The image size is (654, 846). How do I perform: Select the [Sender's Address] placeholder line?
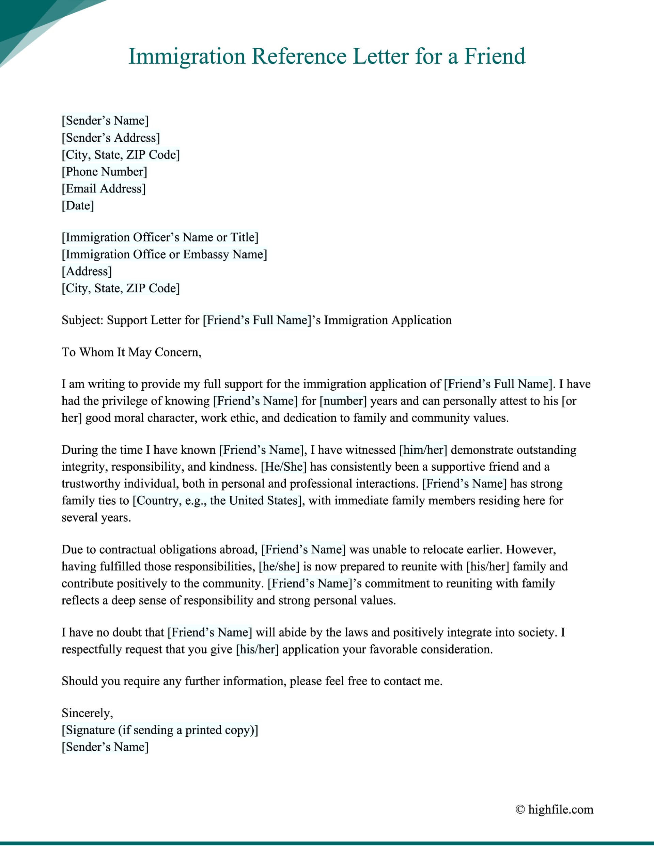(x=110, y=138)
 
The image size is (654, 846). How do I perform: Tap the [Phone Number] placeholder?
(x=104, y=172)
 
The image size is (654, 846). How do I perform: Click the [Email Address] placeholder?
(x=104, y=189)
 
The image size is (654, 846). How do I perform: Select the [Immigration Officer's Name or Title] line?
(x=160, y=237)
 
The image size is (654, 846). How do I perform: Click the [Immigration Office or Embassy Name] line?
(x=164, y=254)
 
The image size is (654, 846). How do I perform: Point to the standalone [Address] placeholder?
(x=87, y=271)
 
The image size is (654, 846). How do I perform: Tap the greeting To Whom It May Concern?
(x=131, y=352)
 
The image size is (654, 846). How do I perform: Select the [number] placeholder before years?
(x=343, y=401)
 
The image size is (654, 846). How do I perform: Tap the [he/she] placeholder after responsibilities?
(x=279, y=566)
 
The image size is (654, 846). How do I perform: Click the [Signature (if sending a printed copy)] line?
(x=160, y=730)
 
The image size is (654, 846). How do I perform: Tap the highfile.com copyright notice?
(x=555, y=809)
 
